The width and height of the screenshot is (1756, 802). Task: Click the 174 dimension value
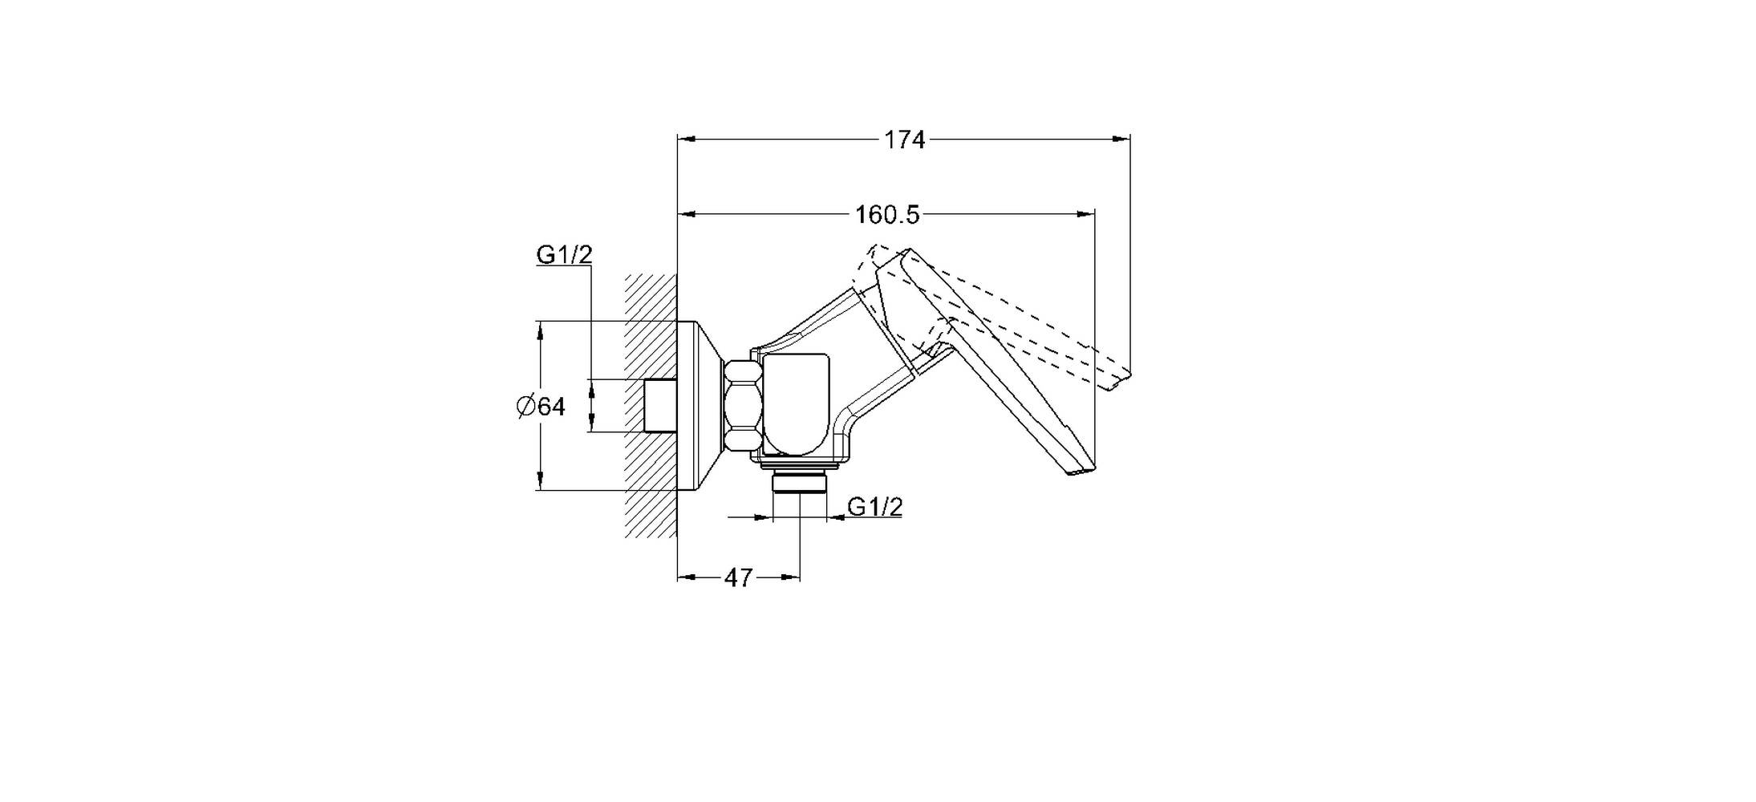904,140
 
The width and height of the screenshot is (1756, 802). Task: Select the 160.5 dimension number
886,215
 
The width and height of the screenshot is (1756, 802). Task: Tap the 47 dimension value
739,577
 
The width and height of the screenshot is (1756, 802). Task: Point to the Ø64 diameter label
541,407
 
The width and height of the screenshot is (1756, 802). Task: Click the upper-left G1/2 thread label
564,255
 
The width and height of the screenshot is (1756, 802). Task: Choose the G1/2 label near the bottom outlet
875,507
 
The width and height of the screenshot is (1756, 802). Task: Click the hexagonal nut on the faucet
742,407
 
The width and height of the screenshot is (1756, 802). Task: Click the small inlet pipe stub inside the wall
661,406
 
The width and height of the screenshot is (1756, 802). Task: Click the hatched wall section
651,405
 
